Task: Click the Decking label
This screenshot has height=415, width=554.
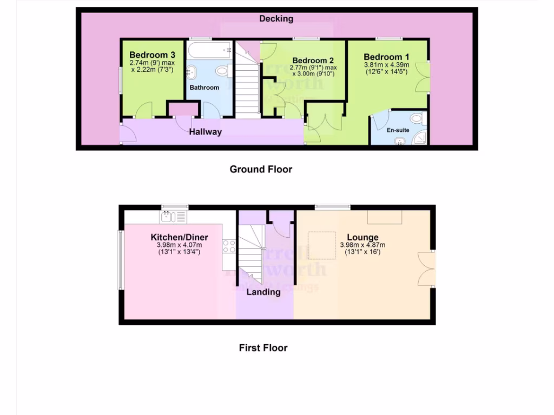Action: click(x=276, y=19)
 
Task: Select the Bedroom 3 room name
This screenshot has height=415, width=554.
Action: click(x=152, y=55)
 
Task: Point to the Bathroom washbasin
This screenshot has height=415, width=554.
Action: click(x=192, y=72)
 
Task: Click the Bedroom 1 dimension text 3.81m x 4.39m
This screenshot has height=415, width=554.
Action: click(x=386, y=65)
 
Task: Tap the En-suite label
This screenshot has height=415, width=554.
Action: click(x=398, y=130)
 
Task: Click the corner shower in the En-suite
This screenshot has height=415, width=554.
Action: click(x=420, y=139)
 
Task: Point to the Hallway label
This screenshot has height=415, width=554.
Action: click(x=205, y=132)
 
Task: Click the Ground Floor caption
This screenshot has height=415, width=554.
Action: click(x=261, y=169)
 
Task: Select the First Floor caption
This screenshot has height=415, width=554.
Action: click(x=263, y=348)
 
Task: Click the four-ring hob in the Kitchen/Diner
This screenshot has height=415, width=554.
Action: click(x=228, y=246)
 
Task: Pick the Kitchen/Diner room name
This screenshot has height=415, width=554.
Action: click(x=179, y=237)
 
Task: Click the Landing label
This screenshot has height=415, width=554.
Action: click(x=263, y=292)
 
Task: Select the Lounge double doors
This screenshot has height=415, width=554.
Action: click(x=427, y=269)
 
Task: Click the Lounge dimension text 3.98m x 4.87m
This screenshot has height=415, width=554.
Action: click(x=363, y=245)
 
